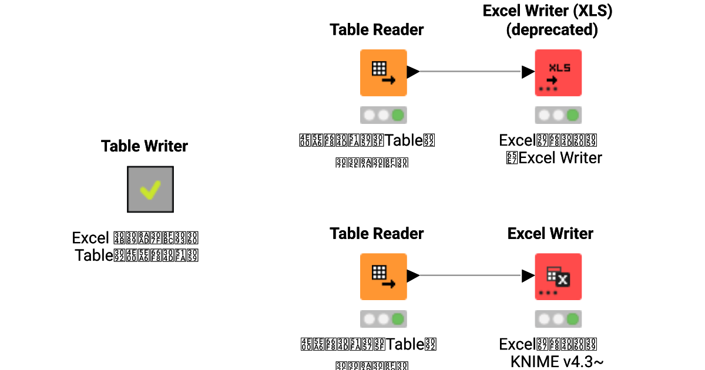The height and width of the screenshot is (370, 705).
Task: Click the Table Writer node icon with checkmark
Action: [x=150, y=189]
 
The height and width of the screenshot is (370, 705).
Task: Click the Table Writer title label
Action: [x=145, y=146]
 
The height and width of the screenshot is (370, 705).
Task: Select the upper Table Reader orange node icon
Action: [x=383, y=72]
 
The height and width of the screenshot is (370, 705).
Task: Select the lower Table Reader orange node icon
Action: [x=383, y=276]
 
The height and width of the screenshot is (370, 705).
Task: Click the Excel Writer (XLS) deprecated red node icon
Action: [x=558, y=72]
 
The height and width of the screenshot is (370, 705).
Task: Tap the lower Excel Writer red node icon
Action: [x=558, y=276]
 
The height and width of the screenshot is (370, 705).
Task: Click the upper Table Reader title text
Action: [x=377, y=29]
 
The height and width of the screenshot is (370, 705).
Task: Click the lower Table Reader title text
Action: [x=377, y=233]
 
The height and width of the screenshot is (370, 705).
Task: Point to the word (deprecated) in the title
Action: [x=552, y=30]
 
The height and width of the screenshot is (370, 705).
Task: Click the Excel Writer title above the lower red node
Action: [x=550, y=233]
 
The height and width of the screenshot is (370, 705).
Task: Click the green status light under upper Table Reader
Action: [x=398, y=115]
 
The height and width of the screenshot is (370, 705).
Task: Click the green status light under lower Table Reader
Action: [x=398, y=319]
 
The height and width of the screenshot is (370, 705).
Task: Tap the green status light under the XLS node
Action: [x=573, y=115]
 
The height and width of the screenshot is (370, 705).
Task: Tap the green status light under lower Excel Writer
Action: [x=573, y=319]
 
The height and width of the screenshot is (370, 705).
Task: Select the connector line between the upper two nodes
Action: [x=470, y=72]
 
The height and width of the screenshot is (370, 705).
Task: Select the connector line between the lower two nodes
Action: [x=470, y=275]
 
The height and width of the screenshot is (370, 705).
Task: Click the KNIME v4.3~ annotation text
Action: [x=557, y=361]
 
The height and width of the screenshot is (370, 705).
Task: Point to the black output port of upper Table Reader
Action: [x=412, y=72]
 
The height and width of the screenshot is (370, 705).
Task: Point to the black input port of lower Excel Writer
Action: [x=528, y=275]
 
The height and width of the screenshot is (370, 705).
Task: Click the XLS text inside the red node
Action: [x=559, y=68]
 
